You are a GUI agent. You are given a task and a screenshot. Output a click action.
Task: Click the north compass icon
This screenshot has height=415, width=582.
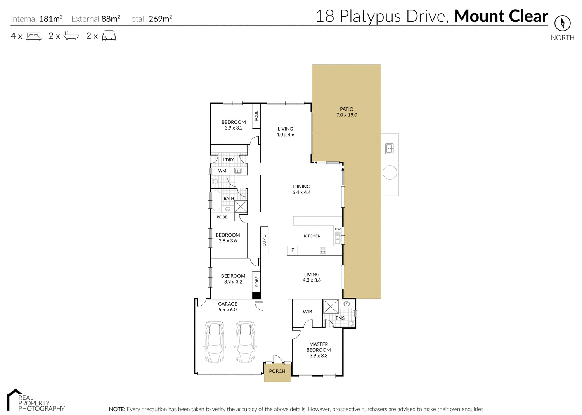tap(562, 23)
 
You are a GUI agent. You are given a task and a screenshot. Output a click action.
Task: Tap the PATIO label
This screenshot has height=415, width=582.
tap(346, 109)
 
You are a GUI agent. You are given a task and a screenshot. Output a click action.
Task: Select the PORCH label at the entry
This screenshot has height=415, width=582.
tap(277, 371)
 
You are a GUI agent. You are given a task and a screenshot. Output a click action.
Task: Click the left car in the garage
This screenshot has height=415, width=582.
tap(214, 341)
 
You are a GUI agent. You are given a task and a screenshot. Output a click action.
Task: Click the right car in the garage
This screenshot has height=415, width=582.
tap(245, 341)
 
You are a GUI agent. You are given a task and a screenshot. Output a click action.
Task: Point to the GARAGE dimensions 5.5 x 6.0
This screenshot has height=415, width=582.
tap(227, 310)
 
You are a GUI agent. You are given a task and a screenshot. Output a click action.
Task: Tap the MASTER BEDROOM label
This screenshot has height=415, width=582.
tap(319, 347)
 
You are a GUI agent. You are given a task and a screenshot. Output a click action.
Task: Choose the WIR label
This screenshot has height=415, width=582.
tap(307, 311)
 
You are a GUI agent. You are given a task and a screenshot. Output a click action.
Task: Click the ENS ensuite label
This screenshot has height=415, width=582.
tap(340, 318)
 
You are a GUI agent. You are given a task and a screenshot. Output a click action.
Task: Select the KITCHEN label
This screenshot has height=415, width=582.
tap(312, 236)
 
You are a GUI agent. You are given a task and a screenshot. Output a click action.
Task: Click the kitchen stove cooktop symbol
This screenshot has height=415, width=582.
tap(323, 251)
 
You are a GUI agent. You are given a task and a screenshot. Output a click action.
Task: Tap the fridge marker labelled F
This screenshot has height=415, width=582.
tap(293, 250)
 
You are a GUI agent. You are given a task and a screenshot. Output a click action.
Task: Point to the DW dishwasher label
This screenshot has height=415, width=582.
tap(338, 229)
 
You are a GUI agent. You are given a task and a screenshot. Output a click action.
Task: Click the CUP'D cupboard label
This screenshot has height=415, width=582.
tap(264, 240)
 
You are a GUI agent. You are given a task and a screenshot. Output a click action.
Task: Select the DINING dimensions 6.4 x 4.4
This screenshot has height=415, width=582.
tap(301, 192)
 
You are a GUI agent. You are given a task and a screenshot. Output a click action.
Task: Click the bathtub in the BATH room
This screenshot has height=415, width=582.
tap(216, 201)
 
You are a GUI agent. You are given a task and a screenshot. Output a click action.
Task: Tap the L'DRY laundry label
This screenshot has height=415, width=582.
tap(228, 159)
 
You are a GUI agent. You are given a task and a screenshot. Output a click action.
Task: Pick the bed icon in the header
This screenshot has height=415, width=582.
tap(33, 36)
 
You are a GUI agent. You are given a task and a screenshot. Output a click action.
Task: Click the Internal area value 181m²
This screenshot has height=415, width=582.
tap(51, 19)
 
